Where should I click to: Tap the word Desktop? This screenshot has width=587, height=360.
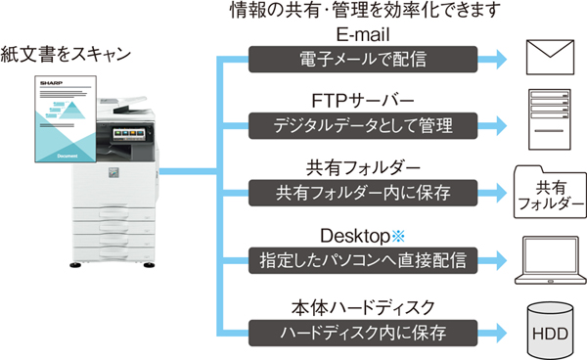[355, 238]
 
